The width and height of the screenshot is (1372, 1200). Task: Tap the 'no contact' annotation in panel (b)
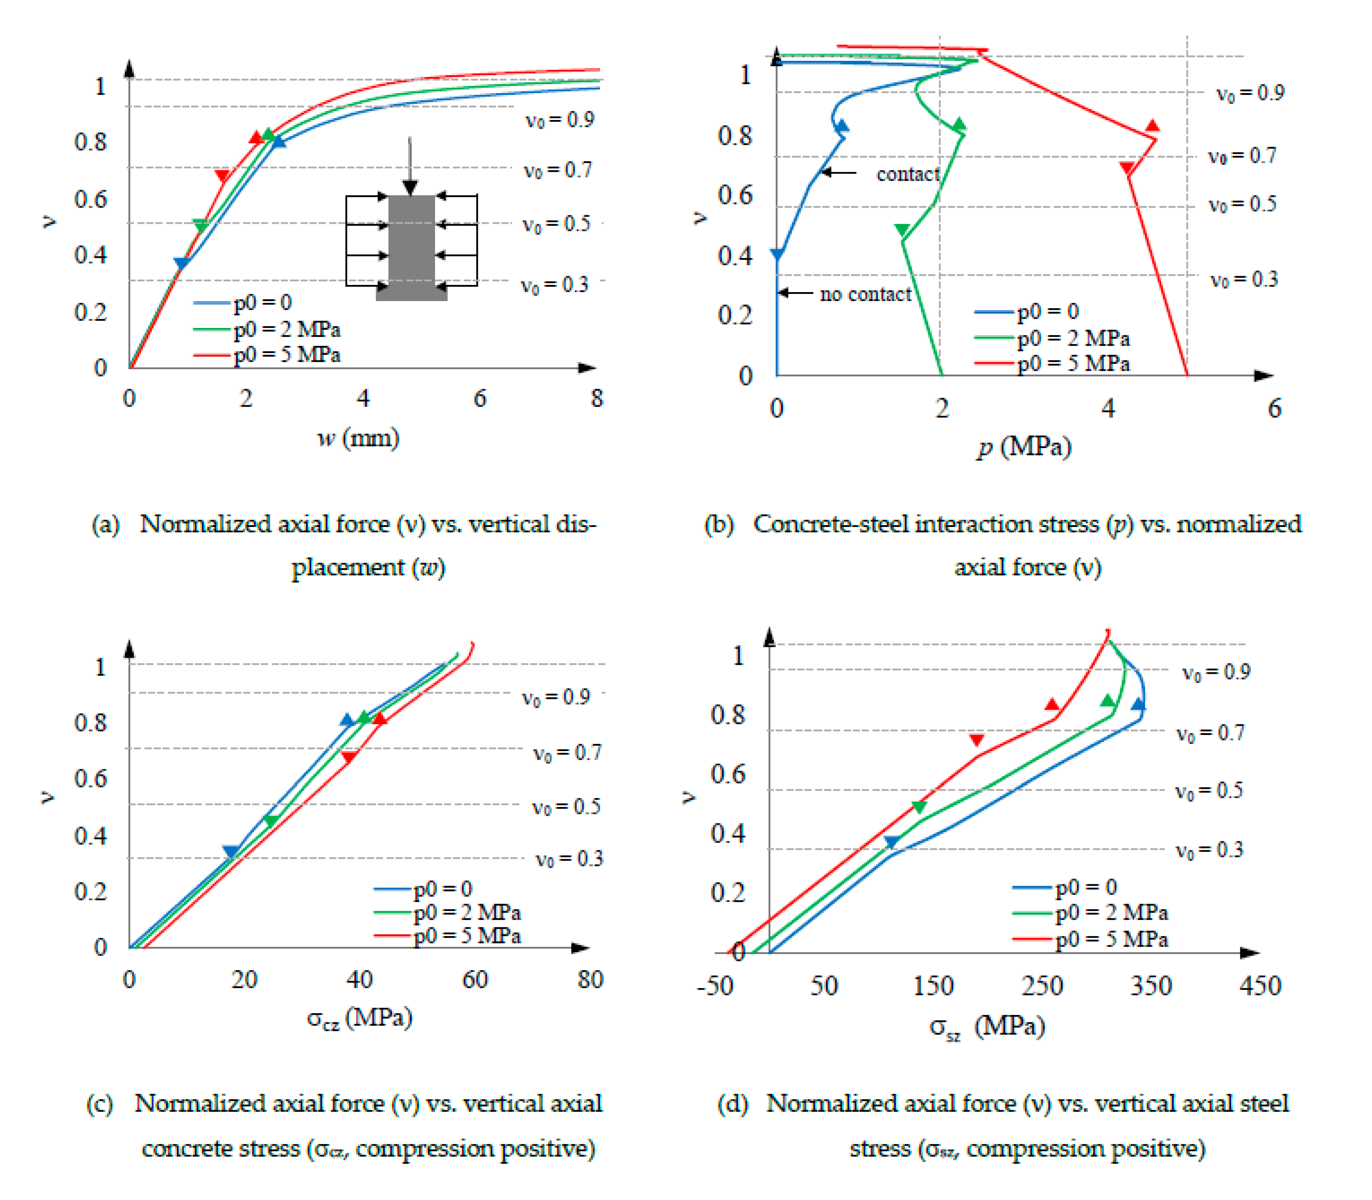(865, 294)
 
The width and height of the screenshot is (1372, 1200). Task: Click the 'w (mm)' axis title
(358, 439)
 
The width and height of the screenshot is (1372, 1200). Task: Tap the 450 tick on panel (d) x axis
(1260, 986)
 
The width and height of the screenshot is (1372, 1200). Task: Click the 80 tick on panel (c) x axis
(590, 980)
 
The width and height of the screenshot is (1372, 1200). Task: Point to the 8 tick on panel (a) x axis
(596, 398)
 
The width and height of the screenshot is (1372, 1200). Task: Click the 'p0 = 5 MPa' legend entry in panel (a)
(286, 354)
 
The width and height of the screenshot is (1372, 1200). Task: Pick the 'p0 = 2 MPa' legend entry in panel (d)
(1111, 912)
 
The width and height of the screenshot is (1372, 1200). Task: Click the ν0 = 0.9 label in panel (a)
(560, 120)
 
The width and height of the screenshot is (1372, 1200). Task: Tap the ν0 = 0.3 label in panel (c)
(569, 858)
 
